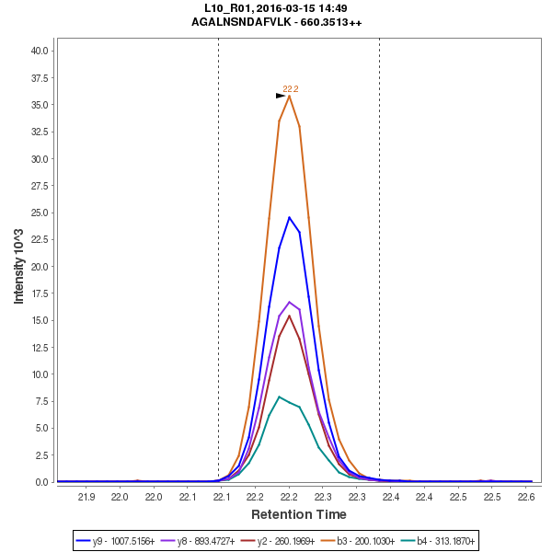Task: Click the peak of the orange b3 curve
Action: point(289,96)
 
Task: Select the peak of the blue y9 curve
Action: point(289,217)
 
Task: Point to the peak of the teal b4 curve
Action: point(279,397)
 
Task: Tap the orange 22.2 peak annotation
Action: point(291,88)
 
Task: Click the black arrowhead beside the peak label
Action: point(281,96)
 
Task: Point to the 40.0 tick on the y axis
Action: point(40,51)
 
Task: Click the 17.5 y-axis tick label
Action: point(40,293)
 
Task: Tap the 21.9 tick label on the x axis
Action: point(86,498)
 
